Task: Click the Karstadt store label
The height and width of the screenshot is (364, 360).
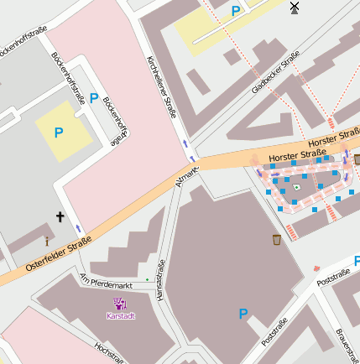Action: pyautogui.click(x=121, y=316)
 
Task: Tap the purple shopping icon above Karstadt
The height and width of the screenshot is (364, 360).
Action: pyautogui.click(x=120, y=304)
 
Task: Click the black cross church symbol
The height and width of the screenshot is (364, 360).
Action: pyautogui.click(x=60, y=217)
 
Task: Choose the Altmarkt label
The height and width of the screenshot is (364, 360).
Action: pyautogui.click(x=186, y=176)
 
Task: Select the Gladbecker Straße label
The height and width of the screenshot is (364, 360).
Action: pyautogui.click(x=275, y=72)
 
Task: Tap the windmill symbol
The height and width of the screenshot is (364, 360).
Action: pyautogui.click(x=294, y=8)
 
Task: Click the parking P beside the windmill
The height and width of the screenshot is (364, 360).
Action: pyautogui.click(x=236, y=11)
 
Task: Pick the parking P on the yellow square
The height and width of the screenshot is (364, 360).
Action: pyautogui.click(x=59, y=133)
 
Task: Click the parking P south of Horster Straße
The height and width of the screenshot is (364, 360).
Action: pyautogui.click(x=243, y=314)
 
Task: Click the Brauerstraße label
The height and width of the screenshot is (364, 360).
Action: pyautogui.click(x=347, y=346)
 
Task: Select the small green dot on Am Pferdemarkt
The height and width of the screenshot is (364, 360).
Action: pyautogui.click(x=147, y=278)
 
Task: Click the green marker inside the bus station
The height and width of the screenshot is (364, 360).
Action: pyautogui.click(x=296, y=187)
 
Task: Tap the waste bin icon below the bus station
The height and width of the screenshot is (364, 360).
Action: pyautogui.click(x=277, y=241)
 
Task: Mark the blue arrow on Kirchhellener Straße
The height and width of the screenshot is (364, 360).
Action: pyautogui.click(x=185, y=144)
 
